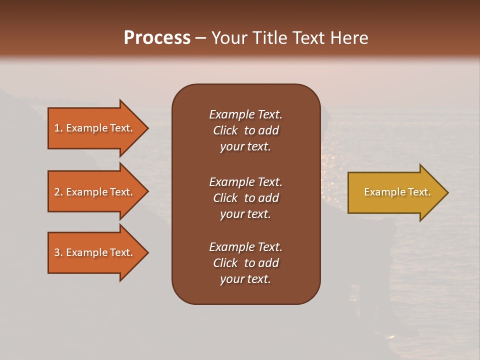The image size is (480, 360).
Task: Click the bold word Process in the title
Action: coord(157,38)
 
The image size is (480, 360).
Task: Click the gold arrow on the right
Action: coord(395,192)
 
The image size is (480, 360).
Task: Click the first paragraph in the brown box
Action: coord(245,130)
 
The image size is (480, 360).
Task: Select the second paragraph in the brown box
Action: coord(245,198)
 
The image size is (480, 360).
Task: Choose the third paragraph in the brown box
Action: coord(245,263)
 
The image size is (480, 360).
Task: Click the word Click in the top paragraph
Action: coord(225,130)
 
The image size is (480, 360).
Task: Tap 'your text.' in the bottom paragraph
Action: coord(245,279)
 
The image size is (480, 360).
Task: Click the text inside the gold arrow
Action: coord(397,192)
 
